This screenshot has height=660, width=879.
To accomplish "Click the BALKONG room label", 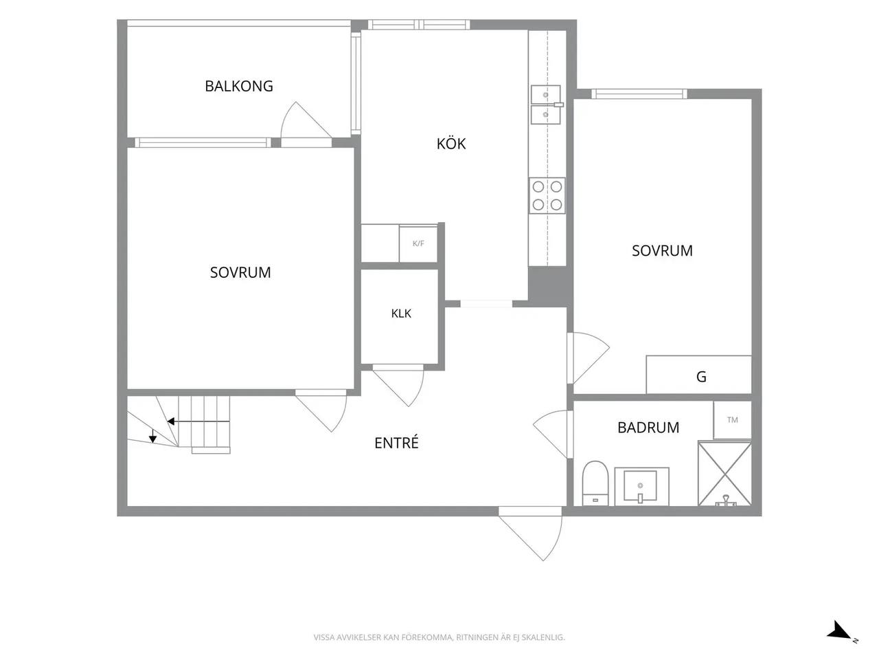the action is [x=239, y=86].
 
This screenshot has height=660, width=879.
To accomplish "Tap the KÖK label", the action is [x=451, y=144].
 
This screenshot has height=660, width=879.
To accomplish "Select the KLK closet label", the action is [x=401, y=313].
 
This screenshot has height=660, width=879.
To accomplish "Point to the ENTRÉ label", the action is [x=396, y=442].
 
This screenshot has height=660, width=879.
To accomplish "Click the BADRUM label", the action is [x=648, y=428].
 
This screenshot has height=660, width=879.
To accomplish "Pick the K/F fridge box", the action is [x=418, y=243].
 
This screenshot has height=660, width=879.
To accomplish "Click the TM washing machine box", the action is [x=732, y=420].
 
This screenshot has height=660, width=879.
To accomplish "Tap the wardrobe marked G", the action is [x=699, y=375].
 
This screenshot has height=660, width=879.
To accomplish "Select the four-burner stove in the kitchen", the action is [x=547, y=195].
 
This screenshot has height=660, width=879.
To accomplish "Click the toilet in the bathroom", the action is [x=595, y=483].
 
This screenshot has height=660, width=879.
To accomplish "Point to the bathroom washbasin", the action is [x=641, y=486].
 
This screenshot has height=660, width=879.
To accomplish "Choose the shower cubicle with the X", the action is [x=724, y=474].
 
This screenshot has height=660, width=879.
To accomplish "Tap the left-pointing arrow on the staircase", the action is [x=198, y=421].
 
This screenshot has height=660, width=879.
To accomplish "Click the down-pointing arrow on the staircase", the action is [x=152, y=435].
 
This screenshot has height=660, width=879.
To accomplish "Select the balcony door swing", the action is [x=306, y=120].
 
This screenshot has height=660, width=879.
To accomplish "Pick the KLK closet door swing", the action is [x=399, y=387].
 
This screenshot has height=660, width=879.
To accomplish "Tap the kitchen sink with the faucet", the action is [x=546, y=105].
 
